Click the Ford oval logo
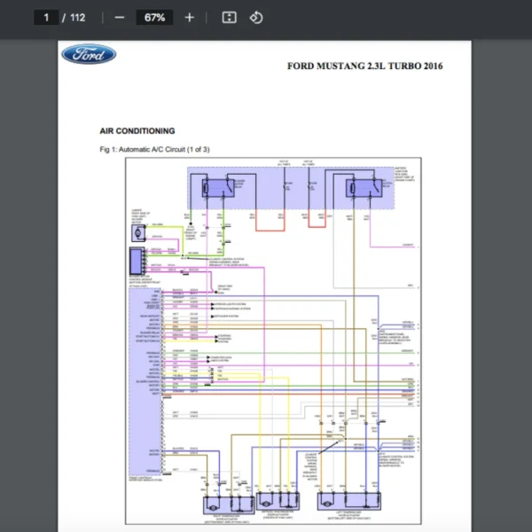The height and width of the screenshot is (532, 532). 88,55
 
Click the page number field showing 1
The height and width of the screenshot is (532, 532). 45,18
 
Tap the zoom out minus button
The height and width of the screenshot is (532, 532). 120,18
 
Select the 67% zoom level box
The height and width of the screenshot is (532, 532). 154,18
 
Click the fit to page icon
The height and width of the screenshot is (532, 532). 229,18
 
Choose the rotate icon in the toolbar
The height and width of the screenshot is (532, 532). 255,18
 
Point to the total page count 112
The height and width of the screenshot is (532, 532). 77,18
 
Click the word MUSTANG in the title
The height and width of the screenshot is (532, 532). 339,66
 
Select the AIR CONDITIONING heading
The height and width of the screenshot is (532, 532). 137,131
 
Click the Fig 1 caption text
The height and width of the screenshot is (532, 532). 155,149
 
